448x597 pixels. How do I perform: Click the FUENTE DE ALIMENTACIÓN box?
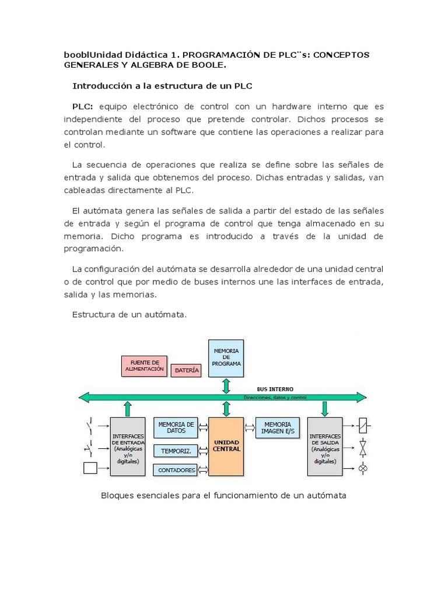point(143,366)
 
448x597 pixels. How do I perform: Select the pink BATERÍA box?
point(187,370)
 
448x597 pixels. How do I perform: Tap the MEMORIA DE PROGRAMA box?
point(226,358)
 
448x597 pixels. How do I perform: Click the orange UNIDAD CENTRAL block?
point(226,446)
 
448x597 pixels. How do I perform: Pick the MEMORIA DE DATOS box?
point(176,428)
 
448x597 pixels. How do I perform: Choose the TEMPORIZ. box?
point(176,451)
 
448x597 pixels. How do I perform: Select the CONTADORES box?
point(176,470)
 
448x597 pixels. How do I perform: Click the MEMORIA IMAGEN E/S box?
point(277,428)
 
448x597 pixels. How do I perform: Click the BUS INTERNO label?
point(275,389)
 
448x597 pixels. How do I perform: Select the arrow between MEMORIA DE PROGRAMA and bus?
point(226,385)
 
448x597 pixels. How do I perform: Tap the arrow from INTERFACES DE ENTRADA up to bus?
point(127,408)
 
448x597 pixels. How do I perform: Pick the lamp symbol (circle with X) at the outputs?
point(363,468)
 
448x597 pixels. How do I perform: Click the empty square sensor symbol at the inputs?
point(91,468)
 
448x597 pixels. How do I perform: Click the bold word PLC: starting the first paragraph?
point(83,107)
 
